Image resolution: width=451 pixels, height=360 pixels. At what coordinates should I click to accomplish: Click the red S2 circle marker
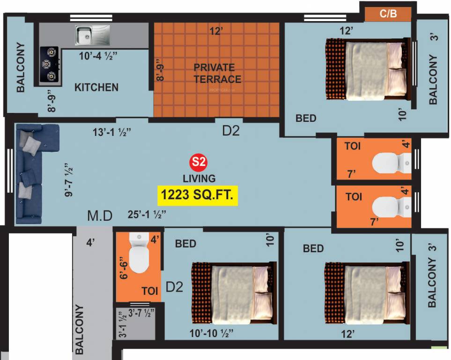[198, 163]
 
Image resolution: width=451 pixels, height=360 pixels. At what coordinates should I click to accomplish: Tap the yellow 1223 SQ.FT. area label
[198, 195]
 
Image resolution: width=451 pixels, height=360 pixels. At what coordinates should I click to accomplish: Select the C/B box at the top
[388, 14]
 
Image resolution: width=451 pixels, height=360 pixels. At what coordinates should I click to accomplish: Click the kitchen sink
[92, 34]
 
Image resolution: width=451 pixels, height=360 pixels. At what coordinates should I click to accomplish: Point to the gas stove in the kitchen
[49, 64]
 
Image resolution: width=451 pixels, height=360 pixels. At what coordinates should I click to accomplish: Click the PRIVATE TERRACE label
[217, 74]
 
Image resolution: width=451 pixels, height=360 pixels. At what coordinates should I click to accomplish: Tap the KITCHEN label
[96, 87]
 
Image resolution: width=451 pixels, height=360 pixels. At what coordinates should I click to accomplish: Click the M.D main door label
[100, 216]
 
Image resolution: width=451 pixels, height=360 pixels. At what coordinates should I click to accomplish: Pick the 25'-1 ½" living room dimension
[147, 215]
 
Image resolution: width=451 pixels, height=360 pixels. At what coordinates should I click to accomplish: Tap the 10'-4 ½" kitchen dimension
[98, 56]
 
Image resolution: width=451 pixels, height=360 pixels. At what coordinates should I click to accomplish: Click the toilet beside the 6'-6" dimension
[138, 256]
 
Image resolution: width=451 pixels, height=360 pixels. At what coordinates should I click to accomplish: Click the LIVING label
[199, 178]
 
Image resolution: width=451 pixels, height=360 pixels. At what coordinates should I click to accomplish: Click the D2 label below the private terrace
[230, 130]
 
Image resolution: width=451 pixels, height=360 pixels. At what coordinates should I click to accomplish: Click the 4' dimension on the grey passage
[90, 243]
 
